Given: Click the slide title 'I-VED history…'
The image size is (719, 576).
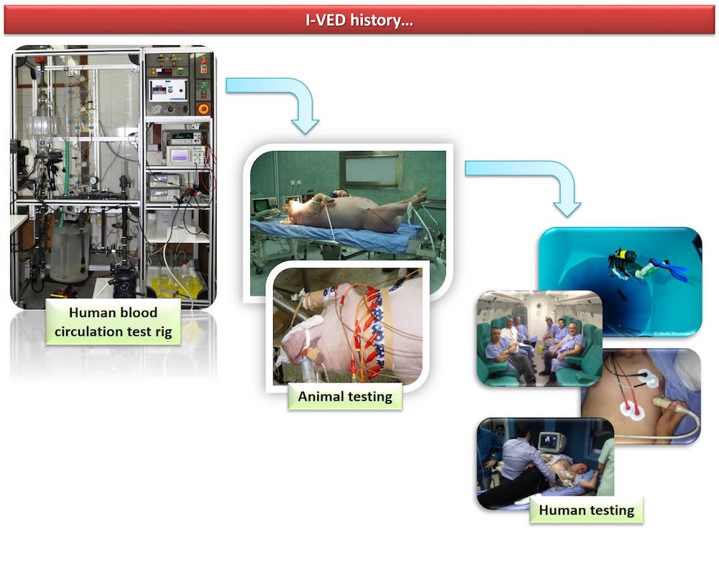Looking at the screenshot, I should pos(359,19).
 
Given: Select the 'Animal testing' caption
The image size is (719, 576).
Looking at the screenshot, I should pos(345,396).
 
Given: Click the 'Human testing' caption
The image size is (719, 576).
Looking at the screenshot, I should pos(586,511).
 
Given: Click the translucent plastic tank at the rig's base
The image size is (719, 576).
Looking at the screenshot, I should pos(70,252).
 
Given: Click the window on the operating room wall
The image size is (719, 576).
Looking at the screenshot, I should pos(371,170).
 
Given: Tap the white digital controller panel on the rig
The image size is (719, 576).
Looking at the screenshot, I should pos(168,91).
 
